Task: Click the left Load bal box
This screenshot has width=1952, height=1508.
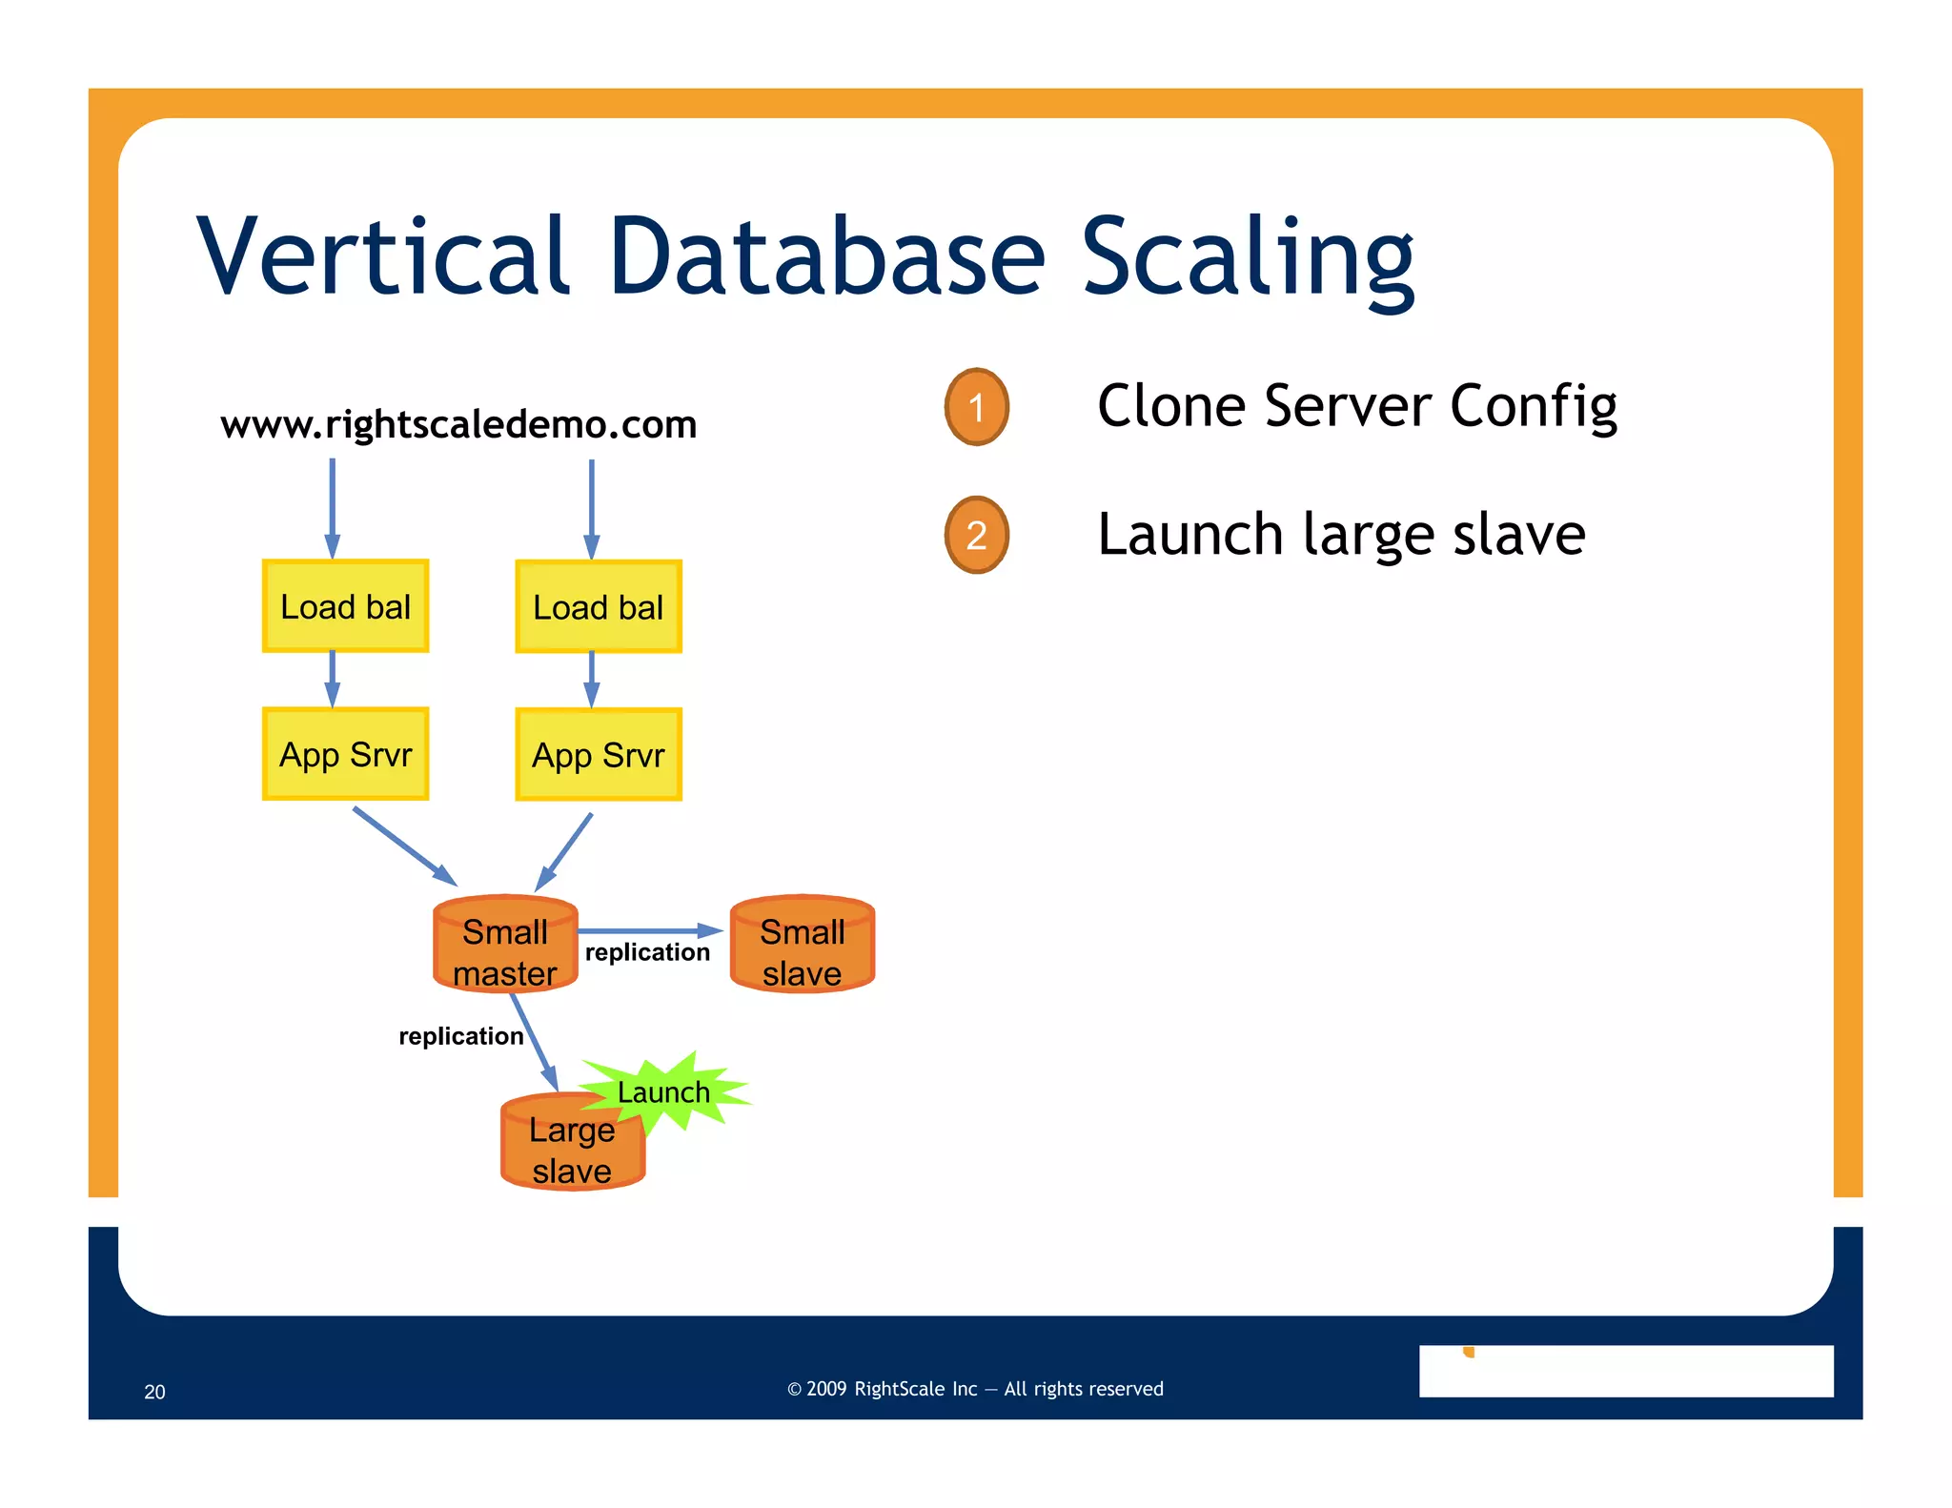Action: tap(345, 606)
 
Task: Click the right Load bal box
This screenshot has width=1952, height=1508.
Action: tap(598, 607)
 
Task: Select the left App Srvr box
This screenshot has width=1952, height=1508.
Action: tap(345, 754)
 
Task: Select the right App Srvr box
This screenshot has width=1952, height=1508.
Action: tap(598, 755)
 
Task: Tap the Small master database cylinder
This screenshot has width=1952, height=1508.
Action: tap(505, 946)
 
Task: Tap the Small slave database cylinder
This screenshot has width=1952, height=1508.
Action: tap(802, 946)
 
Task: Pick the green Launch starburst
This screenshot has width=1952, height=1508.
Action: tap(672, 1091)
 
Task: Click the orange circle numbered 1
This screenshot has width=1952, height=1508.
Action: tap(976, 407)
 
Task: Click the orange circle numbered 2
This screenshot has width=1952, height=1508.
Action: tap(976, 535)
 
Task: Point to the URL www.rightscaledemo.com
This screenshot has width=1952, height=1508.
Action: tap(458, 424)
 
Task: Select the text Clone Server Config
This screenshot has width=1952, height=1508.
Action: tap(1356, 406)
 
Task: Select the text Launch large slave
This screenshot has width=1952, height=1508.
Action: tap(1341, 534)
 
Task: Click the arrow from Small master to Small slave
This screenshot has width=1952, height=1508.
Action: tap(648, 930)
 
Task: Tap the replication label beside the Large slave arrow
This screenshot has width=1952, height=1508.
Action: tap(460, 1036)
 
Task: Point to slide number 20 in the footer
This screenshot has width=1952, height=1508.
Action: tap(154, 1392)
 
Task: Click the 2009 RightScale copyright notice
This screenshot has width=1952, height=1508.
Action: tap(975, 1389)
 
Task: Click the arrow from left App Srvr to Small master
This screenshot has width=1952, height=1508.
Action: tap(404, 846)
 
